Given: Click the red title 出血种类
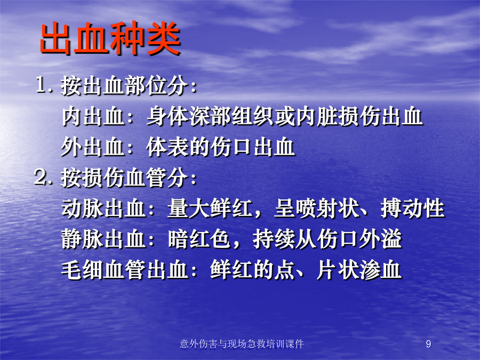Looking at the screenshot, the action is click(110, 38).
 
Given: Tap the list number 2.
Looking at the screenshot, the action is click(42, 177).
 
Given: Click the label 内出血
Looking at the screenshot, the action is click(93, 116).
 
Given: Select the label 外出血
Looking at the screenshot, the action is click(93, 147).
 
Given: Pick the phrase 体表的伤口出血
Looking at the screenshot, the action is click(221, 147).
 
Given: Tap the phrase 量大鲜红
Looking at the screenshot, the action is click(210, 209).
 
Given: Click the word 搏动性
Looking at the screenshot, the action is click(412, 209).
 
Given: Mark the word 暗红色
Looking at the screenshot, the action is click(199, 239).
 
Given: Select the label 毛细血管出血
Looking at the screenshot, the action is click(125, 270).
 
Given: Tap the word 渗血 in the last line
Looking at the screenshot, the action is click(380, 270).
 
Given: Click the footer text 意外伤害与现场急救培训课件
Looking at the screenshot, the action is click(242, 344).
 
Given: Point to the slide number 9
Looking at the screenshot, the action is click(429, 344).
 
